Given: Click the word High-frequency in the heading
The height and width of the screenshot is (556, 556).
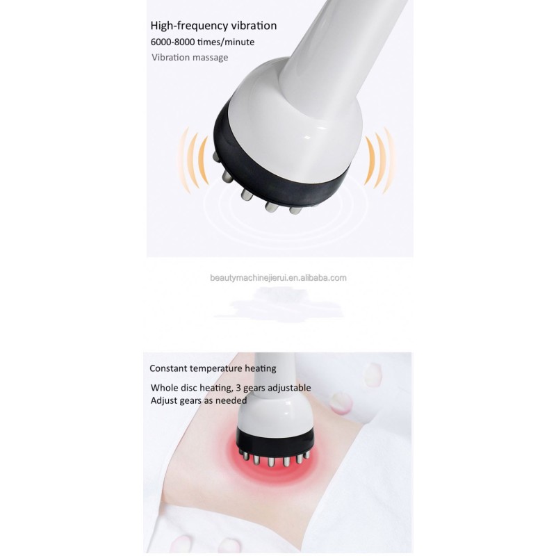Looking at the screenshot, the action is (x=189, y=26).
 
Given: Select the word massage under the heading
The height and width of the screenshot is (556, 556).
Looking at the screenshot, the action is (x=211, y=58).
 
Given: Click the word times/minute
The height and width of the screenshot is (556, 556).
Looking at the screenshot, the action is (x=226, y=42).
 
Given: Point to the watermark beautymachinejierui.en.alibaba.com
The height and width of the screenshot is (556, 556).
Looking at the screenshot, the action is (x=278, y=278).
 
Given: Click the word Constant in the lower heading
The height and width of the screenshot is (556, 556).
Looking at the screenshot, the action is (x=168, y=368).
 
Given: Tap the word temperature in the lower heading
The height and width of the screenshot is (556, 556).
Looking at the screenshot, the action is (x=216, y=369).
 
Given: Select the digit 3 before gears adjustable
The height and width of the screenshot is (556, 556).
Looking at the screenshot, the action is (x=238, y=388).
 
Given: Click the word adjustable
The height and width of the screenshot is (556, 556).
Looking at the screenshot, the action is (x=289, y=388).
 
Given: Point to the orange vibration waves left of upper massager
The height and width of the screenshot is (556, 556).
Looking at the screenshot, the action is (x=194, y=161).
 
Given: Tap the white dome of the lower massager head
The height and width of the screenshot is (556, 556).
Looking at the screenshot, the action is (x=275, y=415).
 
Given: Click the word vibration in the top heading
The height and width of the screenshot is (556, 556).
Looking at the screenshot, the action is (x=254, y=26).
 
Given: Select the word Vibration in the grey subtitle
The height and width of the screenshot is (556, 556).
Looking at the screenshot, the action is (x=171, y=58).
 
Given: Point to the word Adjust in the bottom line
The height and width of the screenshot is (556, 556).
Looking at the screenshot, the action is (x=163, y=401).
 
